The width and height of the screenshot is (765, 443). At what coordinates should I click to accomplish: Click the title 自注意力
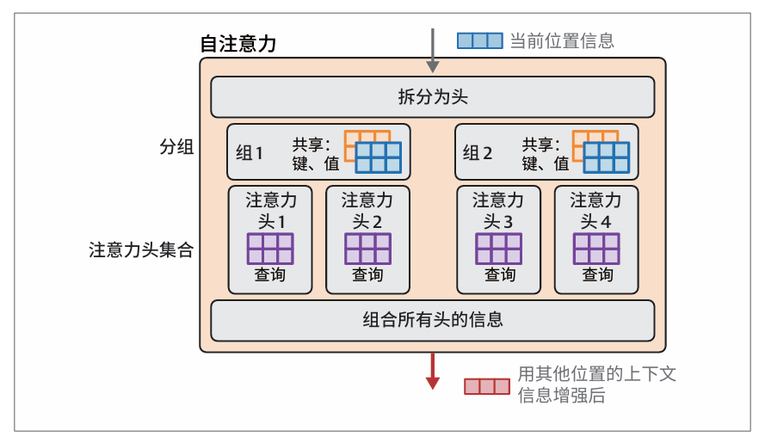238,44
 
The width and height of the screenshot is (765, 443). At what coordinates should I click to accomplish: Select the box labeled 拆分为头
432,96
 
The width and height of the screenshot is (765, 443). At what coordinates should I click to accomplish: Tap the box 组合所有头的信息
432,320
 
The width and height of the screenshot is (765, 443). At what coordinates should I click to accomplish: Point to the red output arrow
433,371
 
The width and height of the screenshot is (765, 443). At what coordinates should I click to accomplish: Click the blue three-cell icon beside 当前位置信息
479,40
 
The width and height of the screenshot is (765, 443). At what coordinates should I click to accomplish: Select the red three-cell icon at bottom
486,386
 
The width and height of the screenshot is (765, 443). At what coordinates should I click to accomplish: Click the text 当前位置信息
562,40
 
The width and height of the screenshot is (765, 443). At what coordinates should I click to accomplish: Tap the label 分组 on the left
170,147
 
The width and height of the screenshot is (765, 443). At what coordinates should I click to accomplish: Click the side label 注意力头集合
141,250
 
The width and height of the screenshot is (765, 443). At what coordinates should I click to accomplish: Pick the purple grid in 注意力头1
270,249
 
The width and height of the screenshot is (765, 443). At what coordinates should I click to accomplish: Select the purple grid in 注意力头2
367,249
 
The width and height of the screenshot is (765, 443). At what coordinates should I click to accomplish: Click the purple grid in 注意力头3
499,249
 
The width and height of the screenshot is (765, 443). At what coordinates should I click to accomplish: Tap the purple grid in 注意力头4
597,249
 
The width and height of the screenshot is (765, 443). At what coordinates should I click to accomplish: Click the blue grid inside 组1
379,158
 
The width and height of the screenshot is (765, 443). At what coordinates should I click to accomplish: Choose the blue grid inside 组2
607,158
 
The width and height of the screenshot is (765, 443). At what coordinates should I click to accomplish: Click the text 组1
250,153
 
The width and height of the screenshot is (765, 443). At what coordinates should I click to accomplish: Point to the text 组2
478,153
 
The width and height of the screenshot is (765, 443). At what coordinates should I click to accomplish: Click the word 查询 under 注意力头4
597,274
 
